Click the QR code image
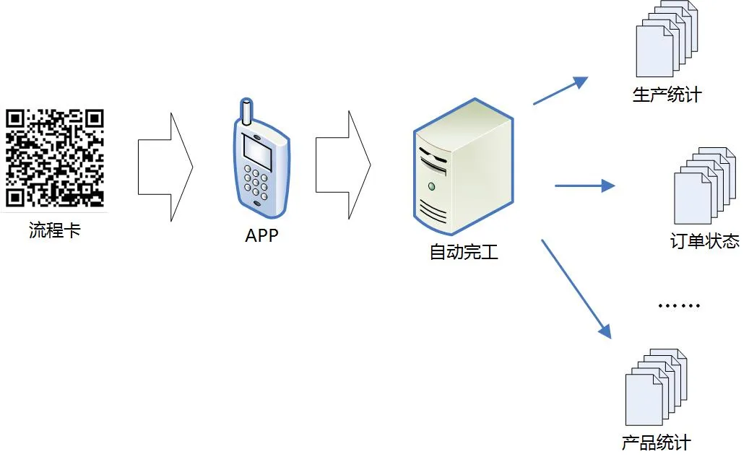pyautogui.click(x=54, y=158)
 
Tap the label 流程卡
pyautogui.click(x=54, y=230)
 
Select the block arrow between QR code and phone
pyautogui.click(x=165, y=167)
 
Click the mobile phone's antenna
pyautogui.click(x=246, y=111)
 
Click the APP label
pyautogui.click(x=261, y=235)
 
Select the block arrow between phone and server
pyautogui.click(x=343, y=165)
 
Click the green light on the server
pyautogui.click(x=432, y=186)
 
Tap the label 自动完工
pyautogui.click(x=464, y=252)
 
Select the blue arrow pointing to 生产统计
pyautogui.click(x=560, y=91)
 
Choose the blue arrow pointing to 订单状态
pyautogui.click(x=584, y=186)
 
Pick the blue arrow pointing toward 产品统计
pyautogui.click(x=576, y=289)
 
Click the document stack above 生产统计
pyautogui.click(x=667, y=39)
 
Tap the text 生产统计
pyautogui.click(x=667, y=95)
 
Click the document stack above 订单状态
pyautogui.click(x=704, y=186)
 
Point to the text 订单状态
pyautogui.click(x=705, y=241)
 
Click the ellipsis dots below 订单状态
pyautogui.click(x=679, y=305)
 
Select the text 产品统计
pyautogui.click(x=657, y=443)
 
